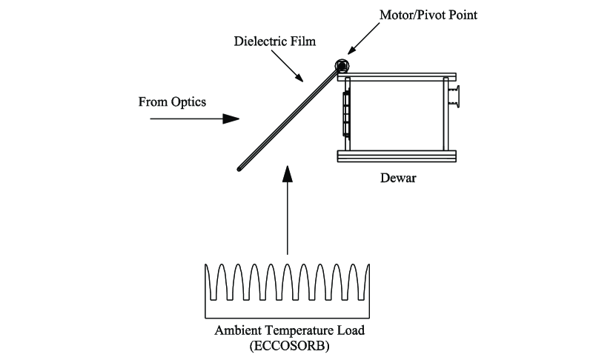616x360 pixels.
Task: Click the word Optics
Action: pos(188,101)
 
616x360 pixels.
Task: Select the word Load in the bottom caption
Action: pos(345,330)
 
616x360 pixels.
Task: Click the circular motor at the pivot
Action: pos(342,65)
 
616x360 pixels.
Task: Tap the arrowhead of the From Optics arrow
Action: pos(232,118)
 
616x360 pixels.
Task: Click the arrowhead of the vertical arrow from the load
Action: pos(288,173)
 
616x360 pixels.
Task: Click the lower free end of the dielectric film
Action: pos(240,170)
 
